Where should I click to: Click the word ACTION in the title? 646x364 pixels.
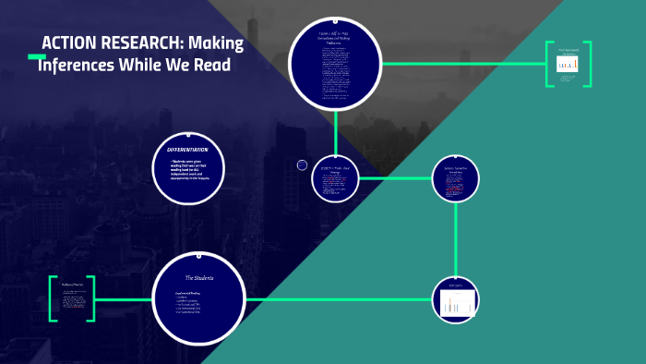69,43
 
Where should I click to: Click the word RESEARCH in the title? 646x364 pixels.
146,43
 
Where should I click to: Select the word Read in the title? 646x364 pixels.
211,66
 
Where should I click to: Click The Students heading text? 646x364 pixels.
199,277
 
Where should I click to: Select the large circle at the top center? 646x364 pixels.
335,63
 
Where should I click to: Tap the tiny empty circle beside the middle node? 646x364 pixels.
302,164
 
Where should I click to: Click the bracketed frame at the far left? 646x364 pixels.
72,298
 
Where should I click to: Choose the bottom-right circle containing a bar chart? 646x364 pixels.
457,299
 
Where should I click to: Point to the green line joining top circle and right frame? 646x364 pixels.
461,63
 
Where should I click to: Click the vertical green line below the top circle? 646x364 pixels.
335,129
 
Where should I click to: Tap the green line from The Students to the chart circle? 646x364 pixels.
341,299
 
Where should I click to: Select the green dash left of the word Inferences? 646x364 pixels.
37,57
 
